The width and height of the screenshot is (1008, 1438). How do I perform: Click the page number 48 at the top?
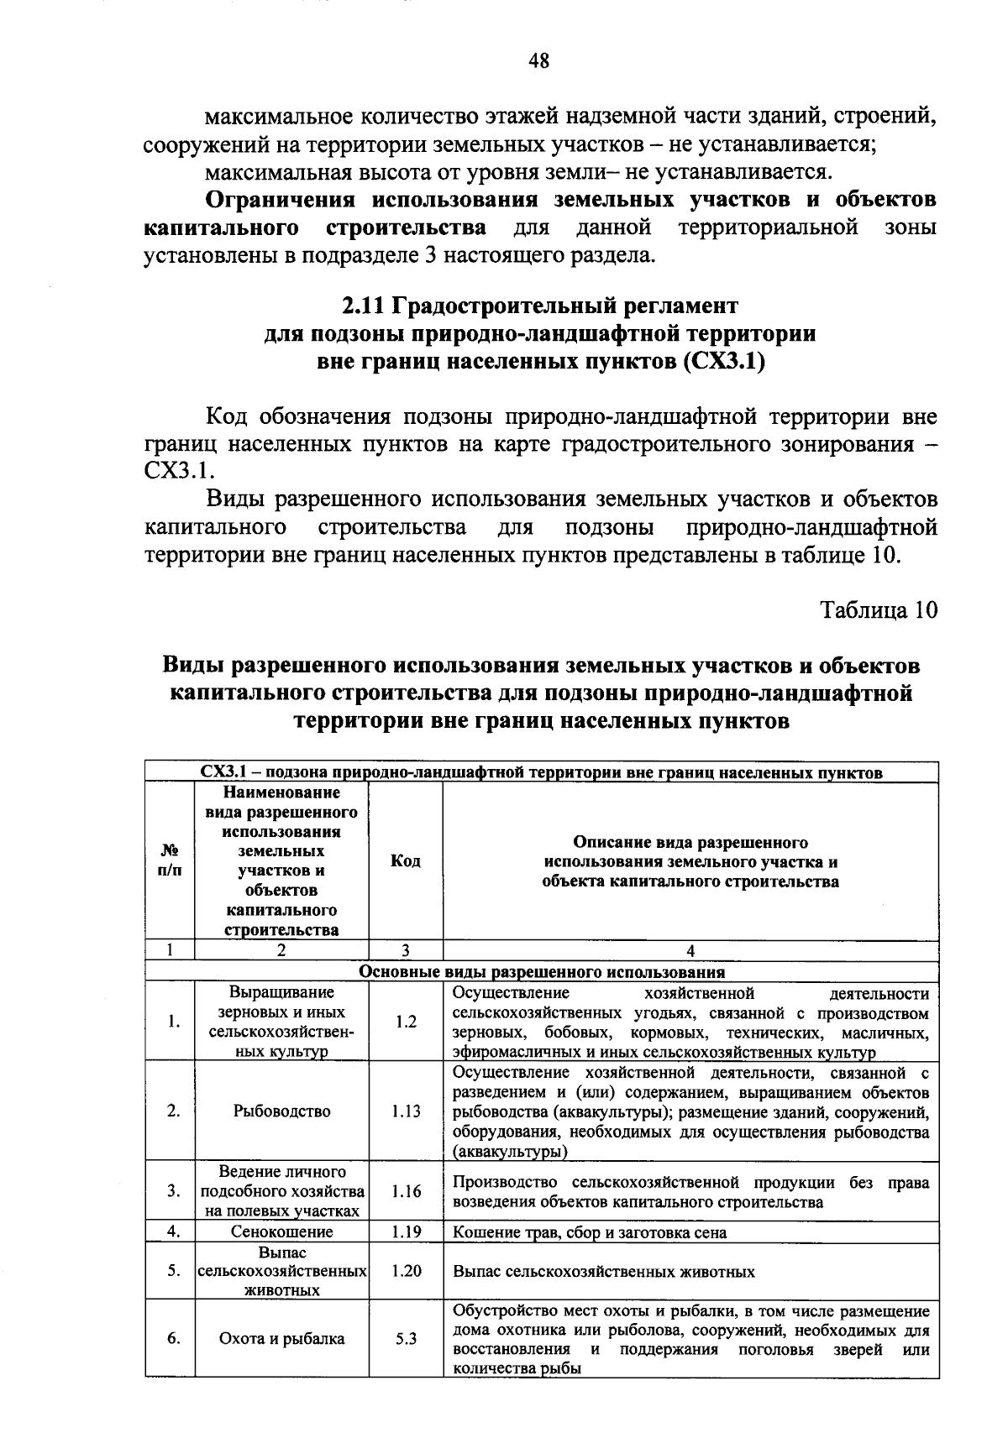coord(538,60)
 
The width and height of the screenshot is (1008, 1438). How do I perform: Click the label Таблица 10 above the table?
coord(878,609)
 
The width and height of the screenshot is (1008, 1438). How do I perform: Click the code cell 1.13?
coord(406,1111)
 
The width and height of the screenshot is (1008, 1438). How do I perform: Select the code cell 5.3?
coord(406,1339)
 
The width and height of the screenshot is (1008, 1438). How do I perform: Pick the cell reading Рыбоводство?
coord(281,1111)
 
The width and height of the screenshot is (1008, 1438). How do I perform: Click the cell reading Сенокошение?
coord(281,1231)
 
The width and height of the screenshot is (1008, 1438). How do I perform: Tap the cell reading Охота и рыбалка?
coord(281,1339)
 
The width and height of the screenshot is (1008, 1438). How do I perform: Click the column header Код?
coord(406,861)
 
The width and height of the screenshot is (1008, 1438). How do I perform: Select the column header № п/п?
coord(170,861)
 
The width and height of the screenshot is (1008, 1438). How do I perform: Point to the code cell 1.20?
coord(406,1271)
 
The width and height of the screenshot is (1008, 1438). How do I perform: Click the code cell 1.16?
coord(406,1191)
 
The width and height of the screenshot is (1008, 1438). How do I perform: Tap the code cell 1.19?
coord(406,1231)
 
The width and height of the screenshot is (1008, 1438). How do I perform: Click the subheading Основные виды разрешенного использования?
coord(542,972)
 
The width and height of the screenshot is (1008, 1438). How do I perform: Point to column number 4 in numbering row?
coord(690,951)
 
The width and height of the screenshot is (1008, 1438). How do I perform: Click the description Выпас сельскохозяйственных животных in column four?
coord(603,1272)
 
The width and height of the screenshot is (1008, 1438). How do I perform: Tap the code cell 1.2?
coord(406,1022)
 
